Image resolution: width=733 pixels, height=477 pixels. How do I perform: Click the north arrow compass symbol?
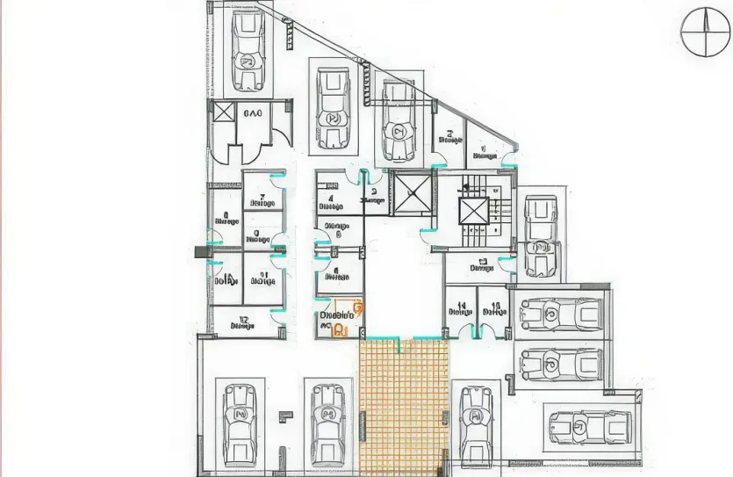pos(706,32)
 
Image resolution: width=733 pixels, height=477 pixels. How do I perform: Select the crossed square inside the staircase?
pos(473,211)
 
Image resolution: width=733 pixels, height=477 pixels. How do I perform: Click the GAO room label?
pos(253,113)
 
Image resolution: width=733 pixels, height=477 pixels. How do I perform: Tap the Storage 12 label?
pos(241,322)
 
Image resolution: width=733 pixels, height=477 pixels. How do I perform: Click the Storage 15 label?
pos(493,307)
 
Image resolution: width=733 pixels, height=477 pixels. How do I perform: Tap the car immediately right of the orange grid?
pos(475,426)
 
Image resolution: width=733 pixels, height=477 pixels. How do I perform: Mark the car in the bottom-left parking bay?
pos(238,426)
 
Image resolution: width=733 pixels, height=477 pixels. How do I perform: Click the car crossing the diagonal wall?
pos(398,123)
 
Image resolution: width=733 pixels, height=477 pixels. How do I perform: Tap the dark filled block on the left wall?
pos(198,251)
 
